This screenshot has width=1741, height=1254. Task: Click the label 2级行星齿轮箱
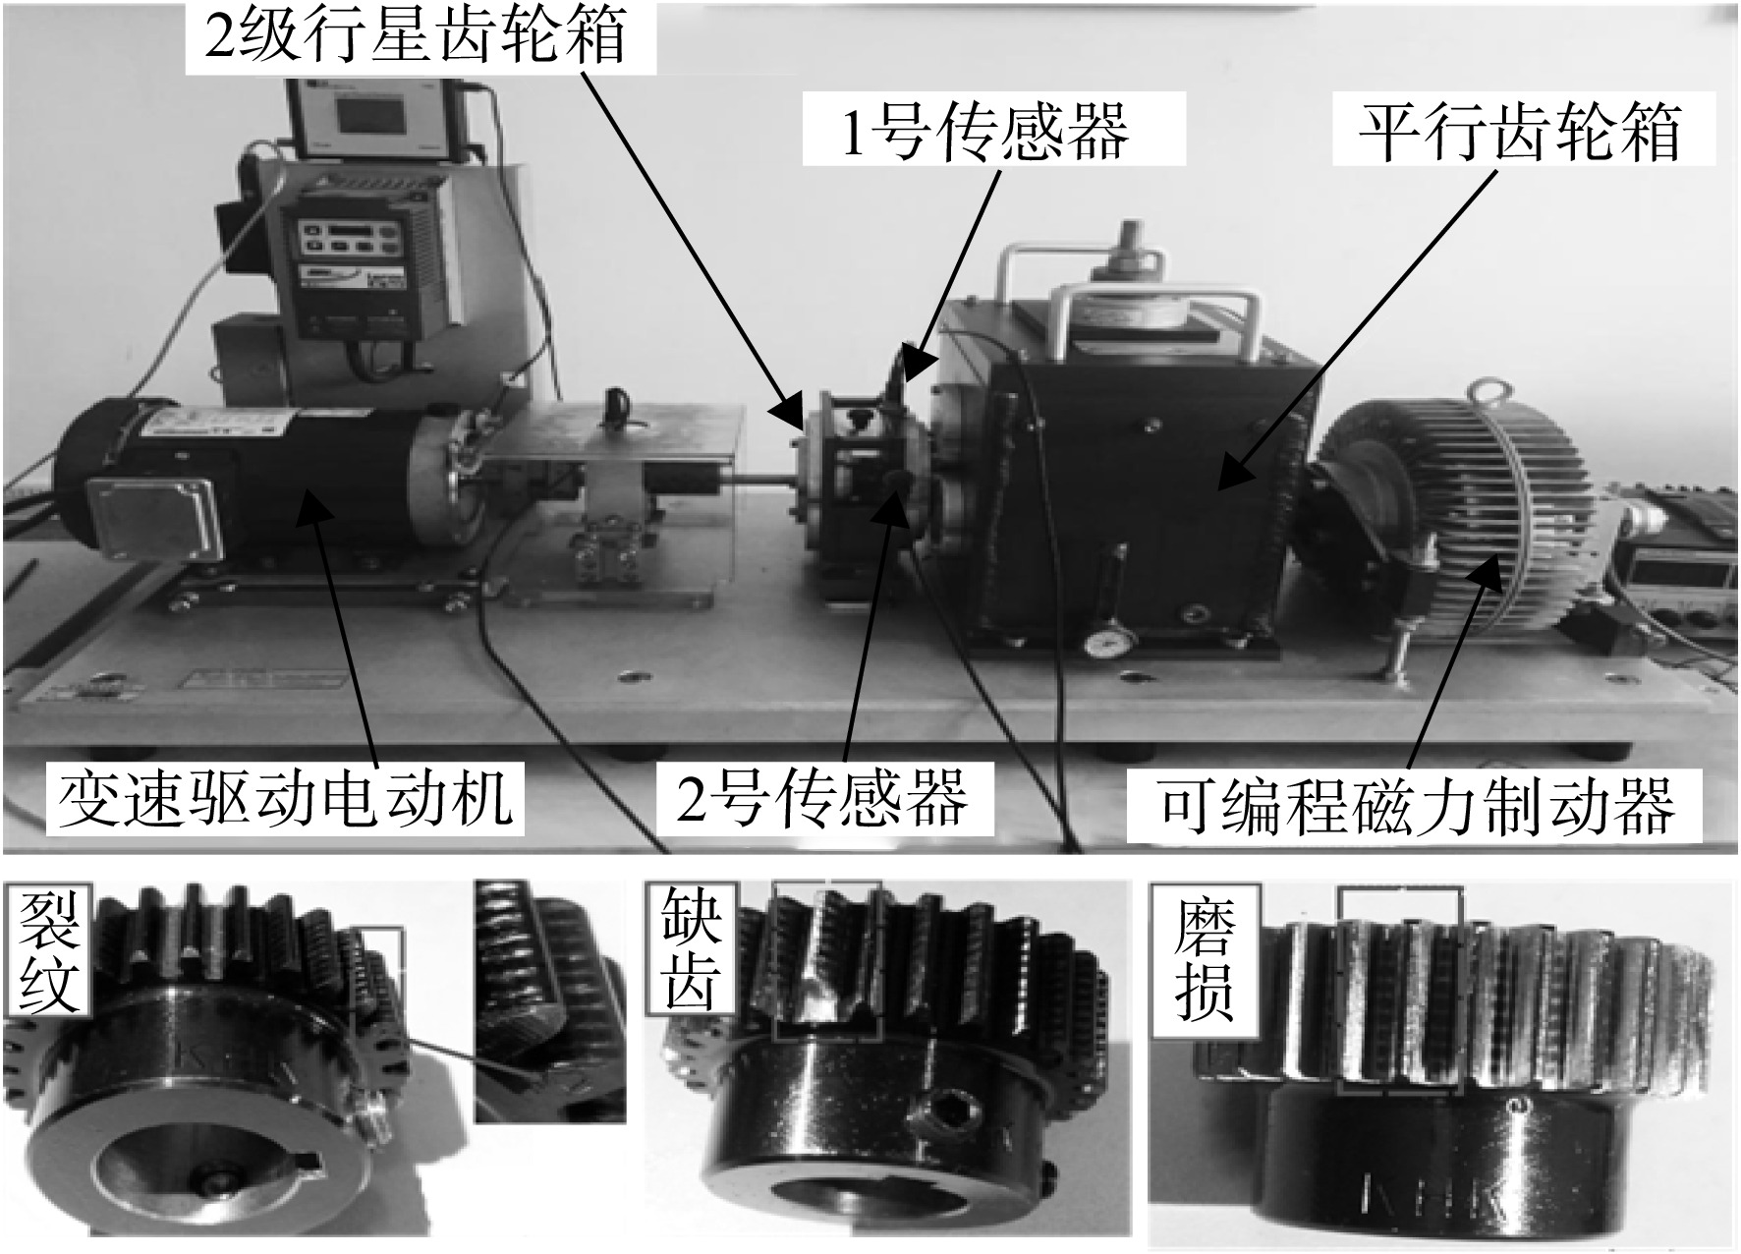[414, 36]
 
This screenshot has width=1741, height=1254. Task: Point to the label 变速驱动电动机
[286, 798]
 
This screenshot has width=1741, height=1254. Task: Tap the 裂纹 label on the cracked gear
[49, 952]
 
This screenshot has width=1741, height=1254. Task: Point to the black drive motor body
[246, 486]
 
